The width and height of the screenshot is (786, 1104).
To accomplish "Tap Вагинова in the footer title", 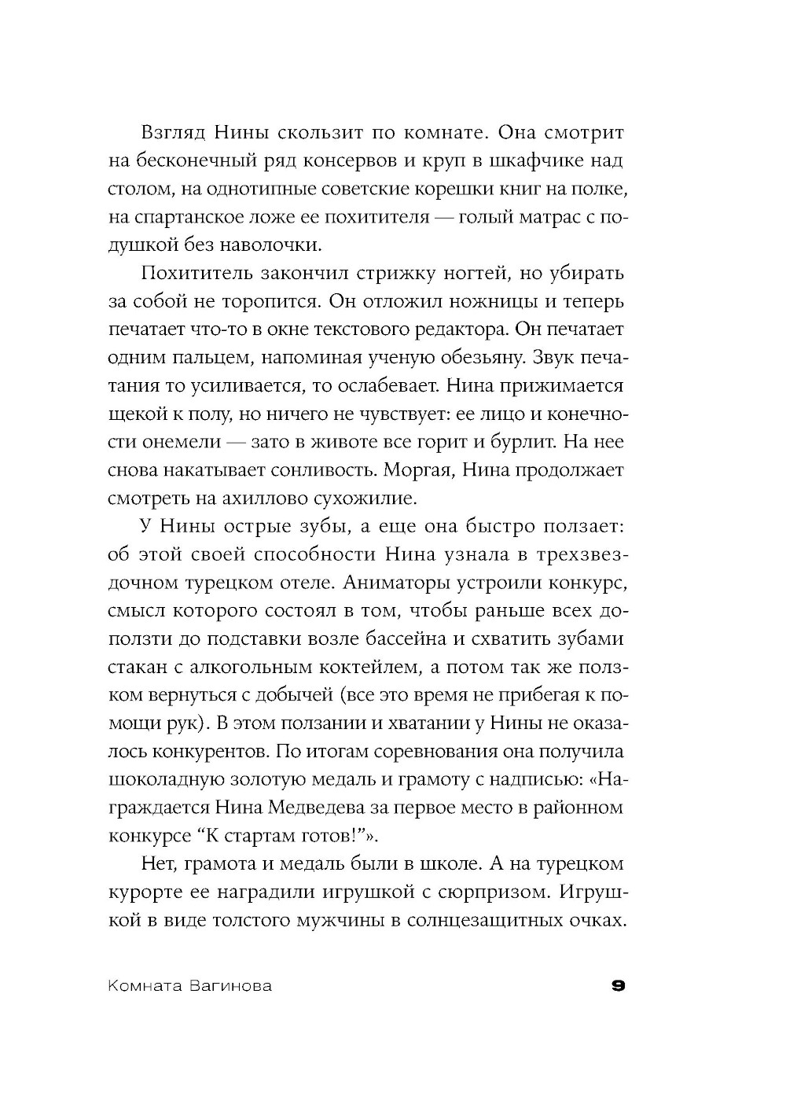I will tap(233, 986).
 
